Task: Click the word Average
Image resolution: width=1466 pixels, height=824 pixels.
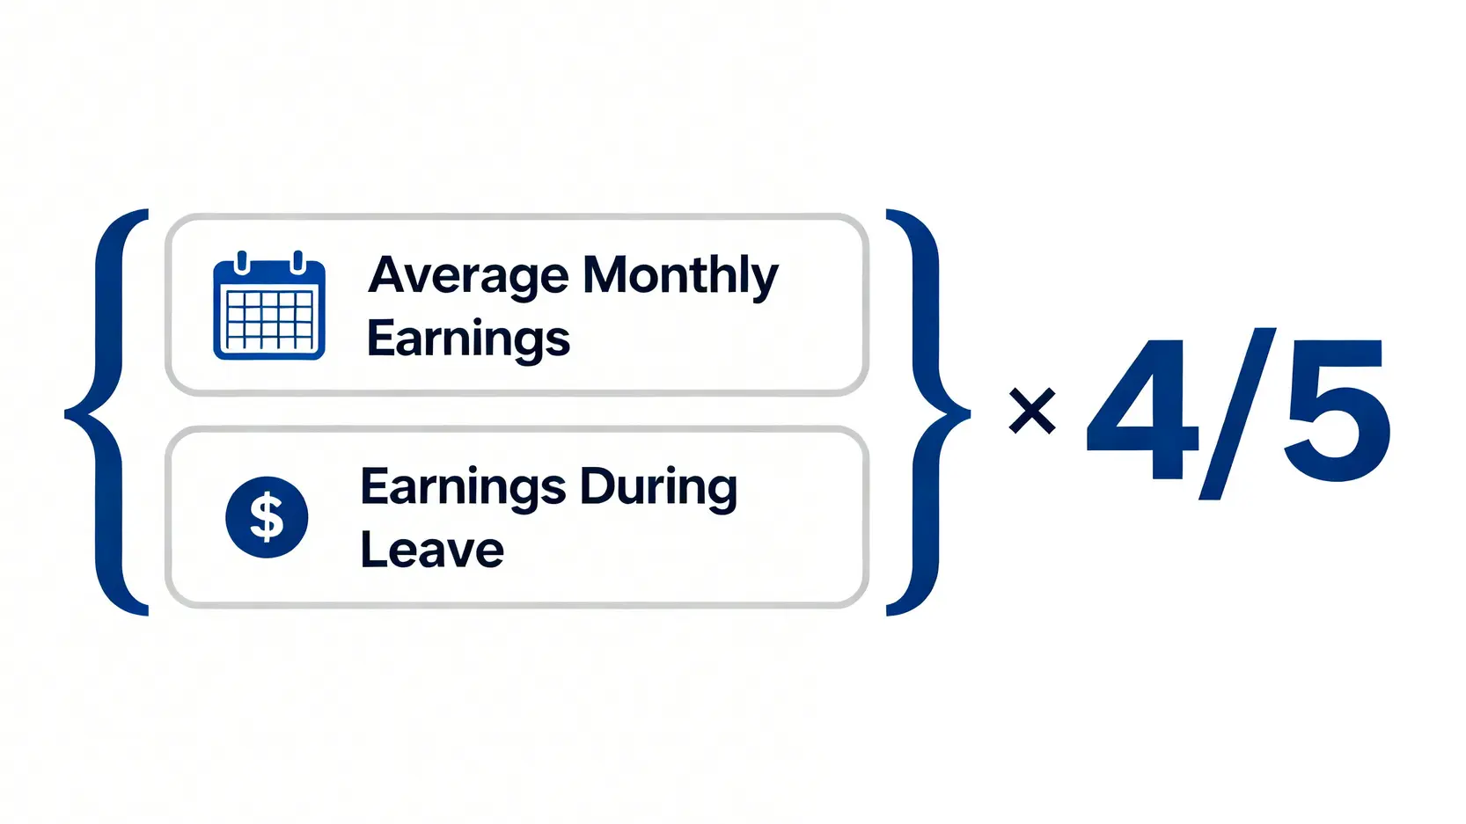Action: [x=469, y=277]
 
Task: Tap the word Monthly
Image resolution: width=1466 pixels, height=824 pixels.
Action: [x=680, y=277]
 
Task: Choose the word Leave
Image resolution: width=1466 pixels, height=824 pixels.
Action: [x=432, y=550]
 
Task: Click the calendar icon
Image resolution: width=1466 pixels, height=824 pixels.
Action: [x=269, y=305]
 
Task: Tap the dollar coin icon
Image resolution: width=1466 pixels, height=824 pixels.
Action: [x=267, y=516]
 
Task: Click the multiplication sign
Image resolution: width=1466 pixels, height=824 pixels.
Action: [x=1032, y=412]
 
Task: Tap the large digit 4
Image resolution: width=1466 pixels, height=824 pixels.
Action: [x=1142, y=409]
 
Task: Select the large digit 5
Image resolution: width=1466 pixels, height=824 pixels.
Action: [x=1336, y=410]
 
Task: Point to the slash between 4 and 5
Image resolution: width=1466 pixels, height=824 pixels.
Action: [x=1237, y=413]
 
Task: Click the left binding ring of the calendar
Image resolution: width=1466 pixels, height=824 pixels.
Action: [x=241, y=261]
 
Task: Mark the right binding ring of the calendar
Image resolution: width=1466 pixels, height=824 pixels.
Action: [x=297, y=261]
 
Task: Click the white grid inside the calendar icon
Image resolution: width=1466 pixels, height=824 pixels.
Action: [x=269, y=321]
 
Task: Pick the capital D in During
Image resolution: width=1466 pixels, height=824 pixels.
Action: [x=597, y=486]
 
